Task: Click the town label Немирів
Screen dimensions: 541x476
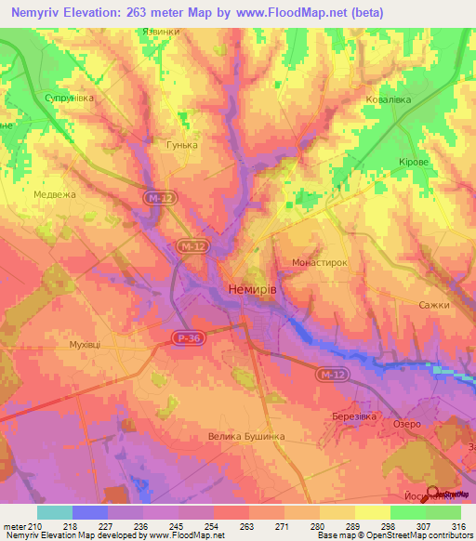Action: pos(252,290)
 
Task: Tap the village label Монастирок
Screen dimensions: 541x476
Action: pos(319,263)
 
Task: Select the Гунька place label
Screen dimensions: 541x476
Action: pos(182,145)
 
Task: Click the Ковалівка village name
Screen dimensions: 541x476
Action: pos(387,98)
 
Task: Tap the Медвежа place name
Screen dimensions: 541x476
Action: pos(54,194)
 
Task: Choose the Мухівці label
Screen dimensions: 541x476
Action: pos(85,344)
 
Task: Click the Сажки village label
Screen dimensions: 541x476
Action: pos(433,305)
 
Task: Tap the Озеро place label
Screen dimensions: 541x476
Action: pos(406,423)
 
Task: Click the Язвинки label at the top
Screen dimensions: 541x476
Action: pos(160,31)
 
